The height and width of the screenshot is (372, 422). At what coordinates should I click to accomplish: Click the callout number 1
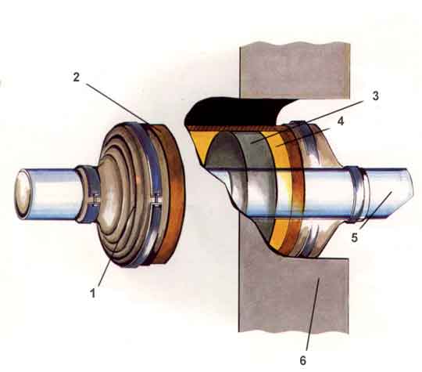pyautogui.click(x=92, y=293)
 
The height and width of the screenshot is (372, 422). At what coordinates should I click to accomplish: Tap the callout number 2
pyautogui.click(x=77, y=78)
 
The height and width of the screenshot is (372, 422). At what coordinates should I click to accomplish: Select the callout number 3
pyautogui.click(x=375, y=96)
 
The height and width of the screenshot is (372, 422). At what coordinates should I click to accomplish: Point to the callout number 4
pyautogui.click(x=341, y=121)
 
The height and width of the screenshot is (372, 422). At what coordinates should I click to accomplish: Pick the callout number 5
pyautogui.click(x=355, y=237)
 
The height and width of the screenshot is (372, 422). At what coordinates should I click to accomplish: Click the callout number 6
pyautogui.click(x=302, y=360)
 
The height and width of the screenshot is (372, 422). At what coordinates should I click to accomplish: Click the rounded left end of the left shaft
pyautogui.click(x=23, y=193)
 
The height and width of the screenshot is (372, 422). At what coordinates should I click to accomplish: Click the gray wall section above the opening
pyautogui.click(x=295, y=70)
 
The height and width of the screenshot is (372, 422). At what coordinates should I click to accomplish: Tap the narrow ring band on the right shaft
pyautogui.click(x=357, y=195)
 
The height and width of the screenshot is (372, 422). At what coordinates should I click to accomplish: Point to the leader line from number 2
pyautogui.click(x=117, y=104)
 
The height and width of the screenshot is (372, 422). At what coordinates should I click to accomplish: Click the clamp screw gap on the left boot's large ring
pyautogui.click(x=156, y=202)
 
